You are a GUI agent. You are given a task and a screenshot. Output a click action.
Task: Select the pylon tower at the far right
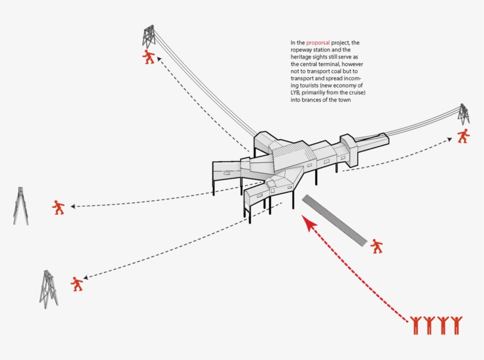464,114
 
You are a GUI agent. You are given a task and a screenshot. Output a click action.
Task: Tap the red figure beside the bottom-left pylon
77,284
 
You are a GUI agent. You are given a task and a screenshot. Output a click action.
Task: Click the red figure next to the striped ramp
377,246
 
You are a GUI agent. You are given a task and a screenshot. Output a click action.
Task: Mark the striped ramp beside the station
334,220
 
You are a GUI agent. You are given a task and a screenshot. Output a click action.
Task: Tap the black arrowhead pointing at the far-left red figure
73,207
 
